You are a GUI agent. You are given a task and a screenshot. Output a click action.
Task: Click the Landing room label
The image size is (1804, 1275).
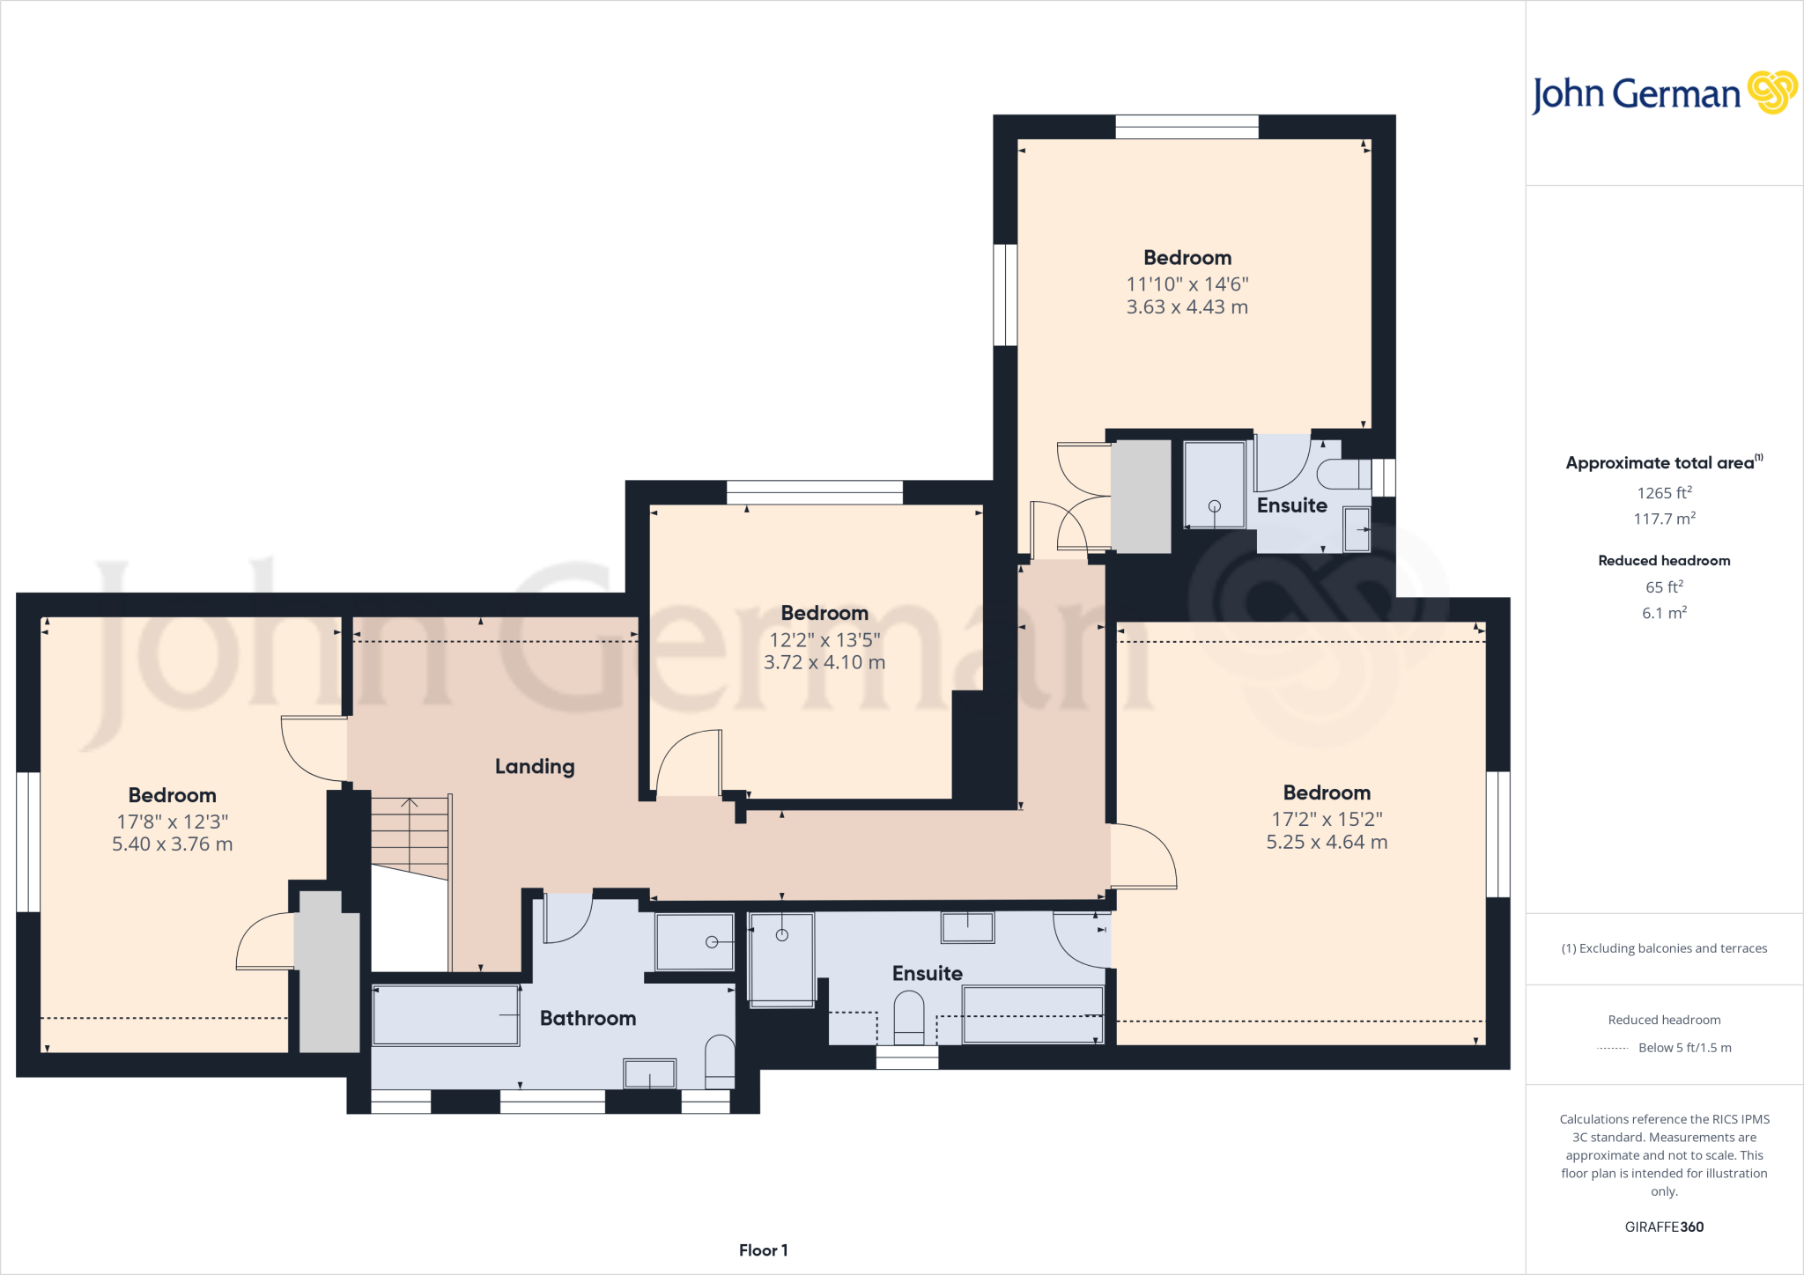click(535, 766)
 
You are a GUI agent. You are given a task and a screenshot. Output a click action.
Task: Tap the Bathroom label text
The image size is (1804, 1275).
click(588, 1018)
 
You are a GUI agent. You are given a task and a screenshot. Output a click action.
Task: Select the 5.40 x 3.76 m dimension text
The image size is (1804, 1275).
click(173, 844)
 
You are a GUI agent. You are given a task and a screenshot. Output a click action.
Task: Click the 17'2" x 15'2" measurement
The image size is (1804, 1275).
click(1327, 819)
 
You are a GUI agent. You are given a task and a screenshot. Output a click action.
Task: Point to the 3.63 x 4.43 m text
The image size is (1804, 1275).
click(1187, 306)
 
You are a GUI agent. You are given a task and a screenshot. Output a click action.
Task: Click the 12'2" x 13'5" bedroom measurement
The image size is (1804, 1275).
click(824, 639)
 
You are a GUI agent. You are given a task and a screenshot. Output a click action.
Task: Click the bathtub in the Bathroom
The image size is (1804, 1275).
click(446, 1015)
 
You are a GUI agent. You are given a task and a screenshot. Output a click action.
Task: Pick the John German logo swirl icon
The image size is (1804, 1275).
click(1772, 92)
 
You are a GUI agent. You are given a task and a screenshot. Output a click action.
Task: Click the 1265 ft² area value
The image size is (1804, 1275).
click(1664, 493)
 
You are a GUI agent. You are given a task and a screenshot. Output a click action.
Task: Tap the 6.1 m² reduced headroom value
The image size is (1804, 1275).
click(1664, 613)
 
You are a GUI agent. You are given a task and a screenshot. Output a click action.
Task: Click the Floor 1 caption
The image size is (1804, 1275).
click(763, 1250)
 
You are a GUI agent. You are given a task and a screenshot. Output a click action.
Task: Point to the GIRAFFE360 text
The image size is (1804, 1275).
click(1664, 1227)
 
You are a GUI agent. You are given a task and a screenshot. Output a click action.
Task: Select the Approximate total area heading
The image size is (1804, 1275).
click(1660, 463)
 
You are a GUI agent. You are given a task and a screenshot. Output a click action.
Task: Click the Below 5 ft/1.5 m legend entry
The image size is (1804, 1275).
click(1684, 1048)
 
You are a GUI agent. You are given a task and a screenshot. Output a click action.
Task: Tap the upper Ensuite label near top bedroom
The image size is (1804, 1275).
click(1291, 505)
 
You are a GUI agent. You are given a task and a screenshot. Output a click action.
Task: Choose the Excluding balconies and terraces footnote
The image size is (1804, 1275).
click(1664, 948)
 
